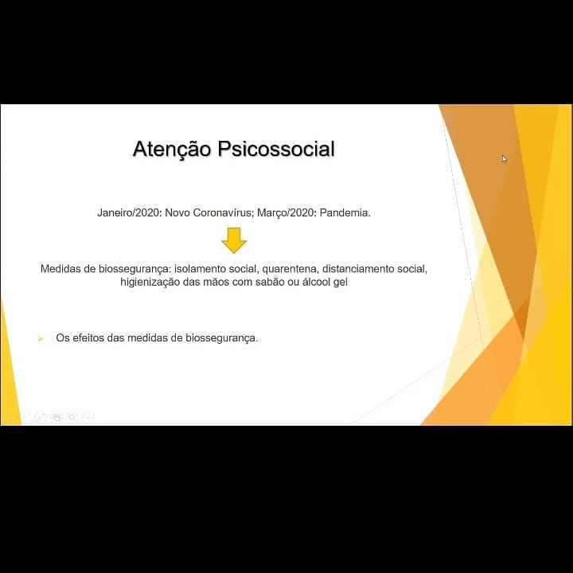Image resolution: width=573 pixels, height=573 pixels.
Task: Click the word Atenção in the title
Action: pyautogui.click(x=172, y=149)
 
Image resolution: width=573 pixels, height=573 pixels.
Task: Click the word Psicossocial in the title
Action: pyautogui.click(x=276, y=149)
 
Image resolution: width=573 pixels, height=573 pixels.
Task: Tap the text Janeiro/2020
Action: pyautogui.click(x=130, y=212)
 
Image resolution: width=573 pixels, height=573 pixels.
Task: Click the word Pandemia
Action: pyautogui.click(x=345, y=212)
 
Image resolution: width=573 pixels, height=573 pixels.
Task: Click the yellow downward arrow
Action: pyautogui.click(x=234, y=240)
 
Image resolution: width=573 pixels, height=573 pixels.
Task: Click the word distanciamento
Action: pyautogui.click(x=358, y=269)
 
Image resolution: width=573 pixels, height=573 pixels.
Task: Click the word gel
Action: pyautogui.click(x=341, y=283)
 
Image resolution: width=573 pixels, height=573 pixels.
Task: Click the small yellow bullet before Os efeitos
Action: pyautogui.click(x=41, y=339)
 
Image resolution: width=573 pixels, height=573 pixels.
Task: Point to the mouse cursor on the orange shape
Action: pyautogui.click(x=505, y=159)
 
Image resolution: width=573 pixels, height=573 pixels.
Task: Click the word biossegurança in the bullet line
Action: pyautogui.click(x=222, y=338)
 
